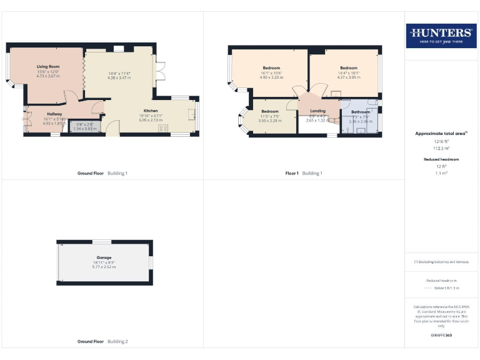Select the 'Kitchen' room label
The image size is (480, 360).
pyautogui.click(x=151, y=111)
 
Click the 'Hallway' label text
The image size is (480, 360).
pyautogui.click(x=54, y=114)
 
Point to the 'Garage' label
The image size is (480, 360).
pyautogui.click(x=104, y=257)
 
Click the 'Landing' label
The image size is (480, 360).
pyautogui.click(x=317, y=111)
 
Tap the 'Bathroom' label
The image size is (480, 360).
pyautogui.click(x=360, y=112)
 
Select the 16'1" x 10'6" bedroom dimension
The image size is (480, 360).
pyautogui.click(x=271, y=72)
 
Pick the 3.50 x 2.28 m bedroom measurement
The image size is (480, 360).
pyautogui.click(x=270, y=121)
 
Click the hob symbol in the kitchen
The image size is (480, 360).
pyautogui.click(x=164, y=128)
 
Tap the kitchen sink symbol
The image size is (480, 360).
pyautogui.click(x=192, y=114)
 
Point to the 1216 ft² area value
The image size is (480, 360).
pyautogui.click(x=441, y=142)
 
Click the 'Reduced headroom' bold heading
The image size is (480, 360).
pyautogui.click(x=441, y=159)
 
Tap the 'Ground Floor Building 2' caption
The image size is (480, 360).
pyautogui.click(x=102, y=342)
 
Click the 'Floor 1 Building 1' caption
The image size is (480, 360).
pyautogui.click(x=303, y=173)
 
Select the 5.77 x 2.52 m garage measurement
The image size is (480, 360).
pyautogui.click(x=104, y=267)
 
